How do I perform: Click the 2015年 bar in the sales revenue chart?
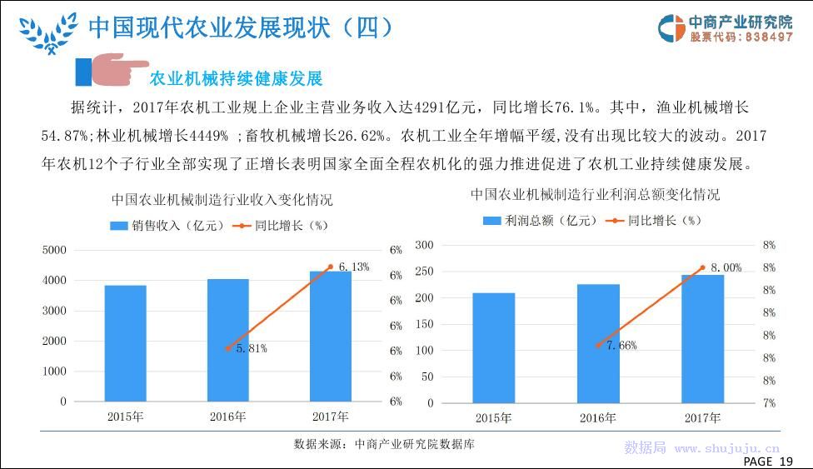pyautogui.click(x=126, y=343)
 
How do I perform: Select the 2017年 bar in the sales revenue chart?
pyautogui.click(x=331, y=337)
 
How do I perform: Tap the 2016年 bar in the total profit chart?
pyautogui.click(x=598, y=343)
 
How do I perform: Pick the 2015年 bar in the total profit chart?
pyautogui.click(x=494, y=348)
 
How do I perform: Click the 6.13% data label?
pyautogui.click(x=354, y=267)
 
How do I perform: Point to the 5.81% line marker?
pyautogui.click(x=228, y=349)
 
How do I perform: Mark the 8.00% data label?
pyautogui.click(x=726, y=267)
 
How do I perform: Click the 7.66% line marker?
pyautogui.click(x=598, y=345)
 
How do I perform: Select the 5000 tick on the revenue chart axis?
pyautogui.click(x=54, y=250)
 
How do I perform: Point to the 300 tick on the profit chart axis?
pyautogui.click(x=424, y=245)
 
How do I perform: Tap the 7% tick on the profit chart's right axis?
pyautogui.click(x=769, y=403)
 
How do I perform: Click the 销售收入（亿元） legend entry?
pyautogui.click(x=167, y=226)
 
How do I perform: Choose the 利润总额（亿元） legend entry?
pyautogui.click(x=541, y=221)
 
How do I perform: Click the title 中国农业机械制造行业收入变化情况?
pyautogui.click(x=222, y=200)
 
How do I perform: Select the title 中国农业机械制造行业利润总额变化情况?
pyautogui.click(x=596, y=195)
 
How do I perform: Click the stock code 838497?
pyautogui.click(x=769, y=37)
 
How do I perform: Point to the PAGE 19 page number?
pyautogui.click(x=768, y=462)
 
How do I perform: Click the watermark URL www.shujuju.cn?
pyautogui.click(x=727, y=448)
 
